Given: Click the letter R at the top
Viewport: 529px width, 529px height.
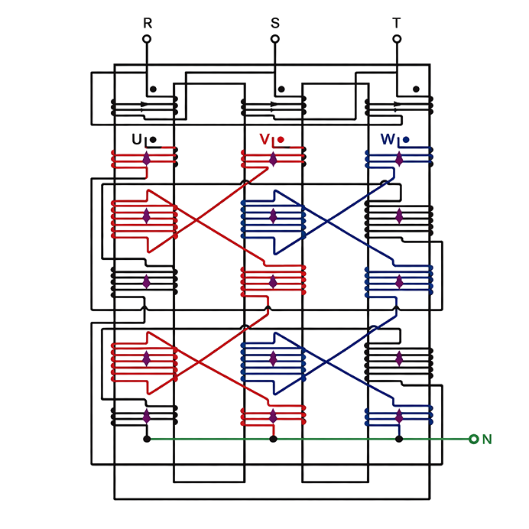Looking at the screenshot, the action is coord(148,23).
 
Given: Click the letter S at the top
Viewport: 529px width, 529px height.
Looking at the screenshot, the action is coord(275,23).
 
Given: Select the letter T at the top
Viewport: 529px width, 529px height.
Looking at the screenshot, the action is coord(397,23).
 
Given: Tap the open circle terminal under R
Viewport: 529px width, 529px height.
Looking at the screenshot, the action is coord(147,39).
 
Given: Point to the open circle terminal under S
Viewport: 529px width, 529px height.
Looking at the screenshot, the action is coord(275,39).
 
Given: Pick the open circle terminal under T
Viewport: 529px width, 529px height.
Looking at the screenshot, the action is coord(397,39).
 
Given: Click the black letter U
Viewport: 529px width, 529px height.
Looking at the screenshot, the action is coord(137,139).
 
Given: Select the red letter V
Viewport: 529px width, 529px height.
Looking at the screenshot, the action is coord(264,139).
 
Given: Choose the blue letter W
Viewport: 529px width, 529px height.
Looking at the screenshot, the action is coord(388,139).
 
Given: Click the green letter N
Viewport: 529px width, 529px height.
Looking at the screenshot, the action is coord(487,440).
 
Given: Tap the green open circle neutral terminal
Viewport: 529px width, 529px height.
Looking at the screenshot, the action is coord(474,439).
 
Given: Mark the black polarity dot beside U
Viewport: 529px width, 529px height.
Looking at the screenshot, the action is coord(153,139).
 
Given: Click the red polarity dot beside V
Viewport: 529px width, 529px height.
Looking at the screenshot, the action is coord(281,139).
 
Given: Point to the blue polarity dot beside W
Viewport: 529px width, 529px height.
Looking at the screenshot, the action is coord(406,139).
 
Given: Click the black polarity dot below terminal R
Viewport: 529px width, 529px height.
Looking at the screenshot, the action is coord(153,89).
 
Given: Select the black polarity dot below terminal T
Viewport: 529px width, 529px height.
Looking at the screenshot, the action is coord(416,89).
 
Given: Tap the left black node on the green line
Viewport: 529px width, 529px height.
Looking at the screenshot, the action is coord(147,439).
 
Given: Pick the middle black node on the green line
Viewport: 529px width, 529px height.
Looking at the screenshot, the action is coord(273,439).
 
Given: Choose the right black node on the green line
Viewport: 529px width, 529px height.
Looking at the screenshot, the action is coord(399,439).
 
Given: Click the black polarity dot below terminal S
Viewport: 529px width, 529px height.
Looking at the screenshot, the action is coord(281,89).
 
